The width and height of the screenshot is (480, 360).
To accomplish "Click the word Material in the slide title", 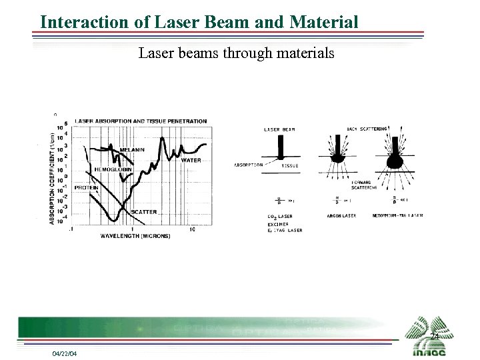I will click(x=324, y=22).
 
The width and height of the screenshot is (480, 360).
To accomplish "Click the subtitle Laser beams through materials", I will click(x=236, y=53).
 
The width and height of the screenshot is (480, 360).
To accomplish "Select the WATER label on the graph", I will click(x=191, y=160).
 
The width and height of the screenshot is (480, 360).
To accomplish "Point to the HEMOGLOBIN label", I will click(x=111, y=169).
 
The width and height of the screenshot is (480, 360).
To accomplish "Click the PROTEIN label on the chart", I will click(x=86, y=188).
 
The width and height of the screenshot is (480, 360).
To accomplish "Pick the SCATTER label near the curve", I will click(x=143, y=212).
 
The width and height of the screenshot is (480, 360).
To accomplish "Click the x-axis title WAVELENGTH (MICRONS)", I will click(x=135, y=236).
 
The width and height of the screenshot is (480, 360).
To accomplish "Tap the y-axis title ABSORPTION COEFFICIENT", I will click(x=52, y=177).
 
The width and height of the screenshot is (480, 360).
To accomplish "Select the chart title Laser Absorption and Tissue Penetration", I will click(x=141, y=121).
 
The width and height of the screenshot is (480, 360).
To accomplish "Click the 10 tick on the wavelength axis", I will click(x=191, y=229).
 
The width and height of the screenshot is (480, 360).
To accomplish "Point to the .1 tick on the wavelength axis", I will click(x=71, y=229).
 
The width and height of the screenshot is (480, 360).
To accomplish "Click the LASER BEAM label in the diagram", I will click(x=280, y=129).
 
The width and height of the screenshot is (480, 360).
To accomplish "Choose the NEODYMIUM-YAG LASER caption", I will click(x=397, y=216).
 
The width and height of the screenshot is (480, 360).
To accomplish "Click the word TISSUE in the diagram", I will click(x=290, y=166).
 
